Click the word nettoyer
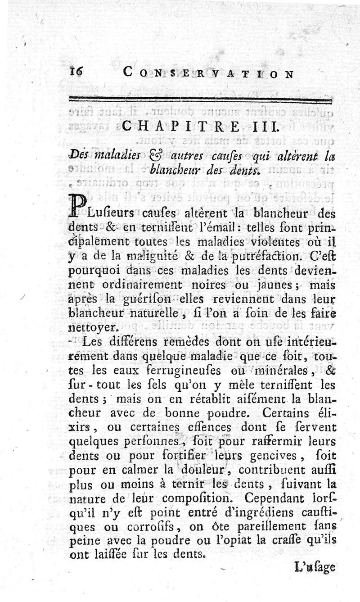(x=93, y=327)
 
